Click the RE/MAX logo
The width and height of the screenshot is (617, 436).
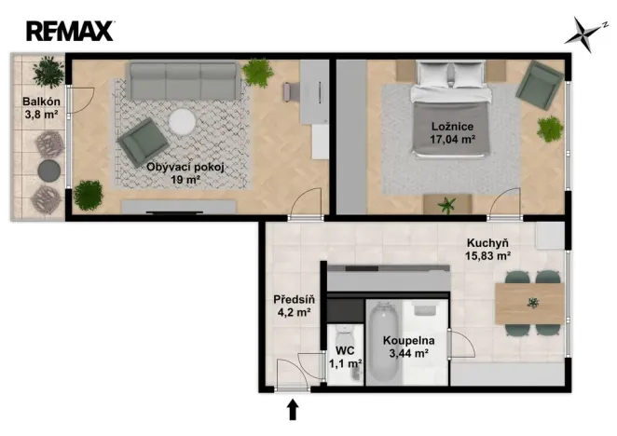[x=70, y=31]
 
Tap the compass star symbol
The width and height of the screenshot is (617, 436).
[x=583, y=34]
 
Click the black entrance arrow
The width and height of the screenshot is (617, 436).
[x=292, y=410]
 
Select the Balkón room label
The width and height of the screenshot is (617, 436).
[x=41, y=102]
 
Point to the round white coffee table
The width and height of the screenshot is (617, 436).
[x=182, y=122]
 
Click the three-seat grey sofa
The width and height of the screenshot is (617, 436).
[x=184, y=81]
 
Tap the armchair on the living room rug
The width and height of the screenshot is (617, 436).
[x=143, y=142]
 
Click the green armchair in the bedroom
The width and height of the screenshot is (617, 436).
[x=540, y=85]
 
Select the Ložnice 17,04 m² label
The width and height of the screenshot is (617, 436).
[x=452, y=132]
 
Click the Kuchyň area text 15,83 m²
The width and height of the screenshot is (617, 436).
[x=488, y=256]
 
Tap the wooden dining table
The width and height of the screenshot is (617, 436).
[x=529, y=304]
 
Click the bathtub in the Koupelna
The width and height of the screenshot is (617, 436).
[x=384, y=342]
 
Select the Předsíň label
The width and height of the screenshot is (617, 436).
[x=294, y=300]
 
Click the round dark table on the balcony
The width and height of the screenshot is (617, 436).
[x=49, y=170]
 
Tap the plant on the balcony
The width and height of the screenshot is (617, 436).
[x=48, y=72]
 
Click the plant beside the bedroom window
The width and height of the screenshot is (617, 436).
[x=550, y=129]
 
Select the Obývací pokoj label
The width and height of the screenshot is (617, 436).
[x=185, y=168]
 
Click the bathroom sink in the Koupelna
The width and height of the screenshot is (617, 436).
[x=425, y=308]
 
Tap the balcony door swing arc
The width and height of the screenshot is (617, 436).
[x=88, y=105]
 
